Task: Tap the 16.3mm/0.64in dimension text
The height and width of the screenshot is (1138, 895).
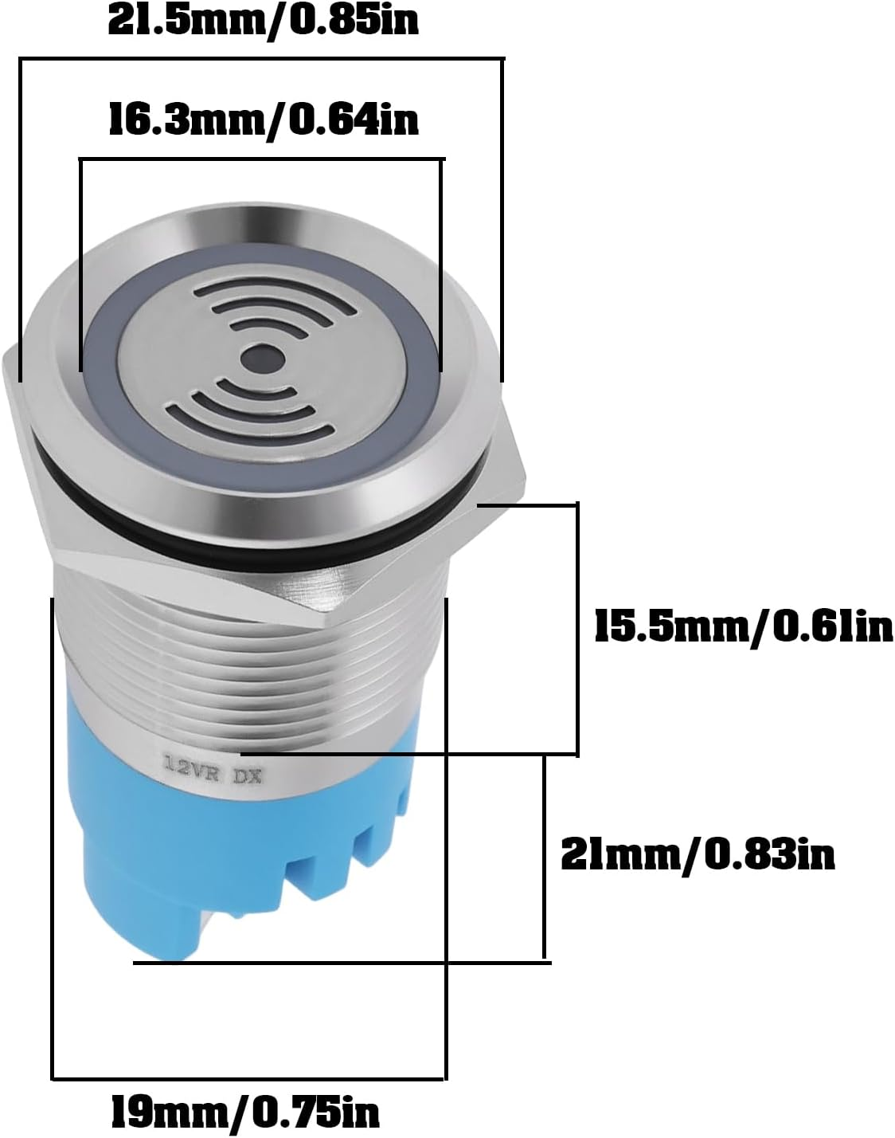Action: (262, 121)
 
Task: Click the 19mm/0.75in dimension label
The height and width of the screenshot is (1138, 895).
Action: (244, 1109)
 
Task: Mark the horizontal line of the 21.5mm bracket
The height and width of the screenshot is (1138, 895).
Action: (262, 58)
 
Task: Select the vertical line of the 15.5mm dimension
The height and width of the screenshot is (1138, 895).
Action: (576, 630)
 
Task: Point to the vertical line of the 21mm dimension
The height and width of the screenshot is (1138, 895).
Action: (545, 857)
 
